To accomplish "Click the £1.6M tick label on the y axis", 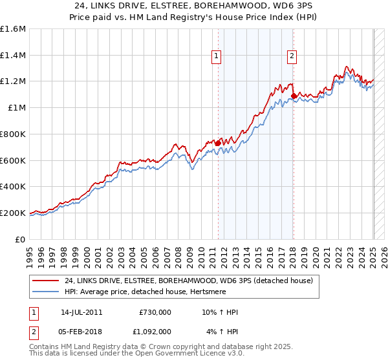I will [x=13, y=29].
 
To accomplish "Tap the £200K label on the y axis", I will [x=13, y=213].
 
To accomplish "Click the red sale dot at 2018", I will [x=294, y=96].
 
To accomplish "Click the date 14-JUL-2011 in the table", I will [x=85, y=312].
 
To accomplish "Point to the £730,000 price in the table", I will [x=155, y=312].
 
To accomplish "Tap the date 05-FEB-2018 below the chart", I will [x=85, y=331].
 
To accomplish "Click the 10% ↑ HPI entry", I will [x=219, y=312].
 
